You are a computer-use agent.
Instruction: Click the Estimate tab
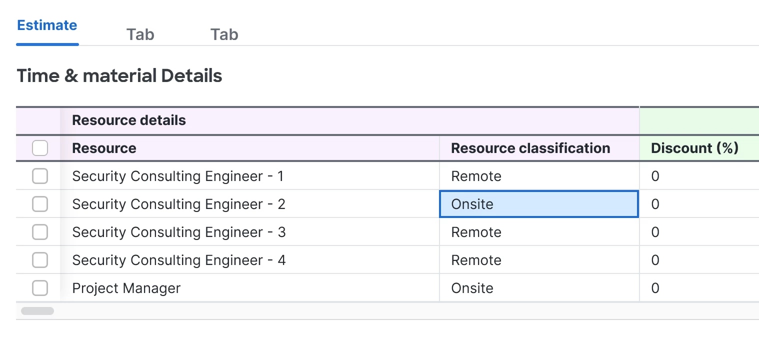coord(47,25)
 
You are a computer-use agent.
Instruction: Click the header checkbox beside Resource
coord(40,148)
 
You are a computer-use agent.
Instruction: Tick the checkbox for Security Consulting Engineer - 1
coord(40,176)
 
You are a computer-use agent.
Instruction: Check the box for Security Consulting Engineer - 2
coord(40,204)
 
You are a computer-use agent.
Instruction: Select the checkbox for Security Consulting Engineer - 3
coord(40,232)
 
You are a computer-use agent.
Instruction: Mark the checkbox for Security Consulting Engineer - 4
coord(40,260)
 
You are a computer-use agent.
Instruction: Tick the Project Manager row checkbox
coord(40,288)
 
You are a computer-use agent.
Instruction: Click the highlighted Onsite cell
coord(538,204)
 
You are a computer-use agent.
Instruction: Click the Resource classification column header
coord(530,148)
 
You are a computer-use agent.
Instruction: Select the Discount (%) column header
coord(694,148)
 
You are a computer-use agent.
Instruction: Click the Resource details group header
coord(129,120)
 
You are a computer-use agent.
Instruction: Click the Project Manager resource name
coord(126,288)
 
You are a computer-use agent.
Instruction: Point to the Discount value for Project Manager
coord(655,288)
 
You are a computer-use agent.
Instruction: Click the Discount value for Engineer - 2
coord(655,204)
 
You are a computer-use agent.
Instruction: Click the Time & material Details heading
coord(119,76)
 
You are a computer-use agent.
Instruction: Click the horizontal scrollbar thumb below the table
coord(37,311)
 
